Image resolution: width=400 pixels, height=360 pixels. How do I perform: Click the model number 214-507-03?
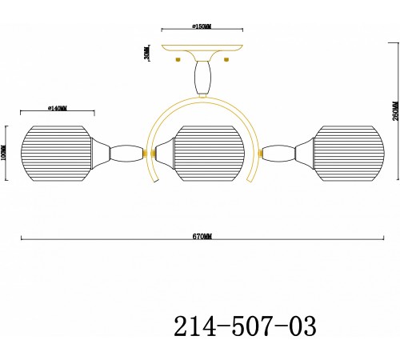[245, 327]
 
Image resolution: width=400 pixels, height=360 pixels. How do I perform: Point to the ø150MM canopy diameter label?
[202, 26]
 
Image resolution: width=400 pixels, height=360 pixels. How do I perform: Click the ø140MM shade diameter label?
[57, 108]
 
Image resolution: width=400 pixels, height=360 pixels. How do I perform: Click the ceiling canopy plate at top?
[202, 48]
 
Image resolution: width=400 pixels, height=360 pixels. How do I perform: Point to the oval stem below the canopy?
[202, 78]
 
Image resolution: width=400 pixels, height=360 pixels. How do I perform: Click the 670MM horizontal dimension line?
[203, 242]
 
